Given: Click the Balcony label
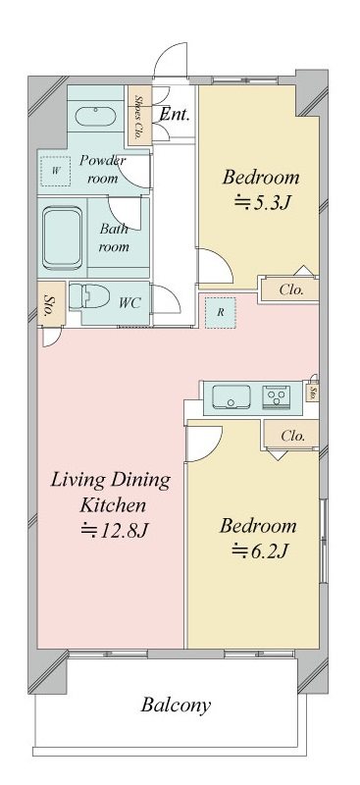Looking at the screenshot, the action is [x=176, y=705].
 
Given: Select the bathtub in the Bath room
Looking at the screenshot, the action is [x=63, y=237].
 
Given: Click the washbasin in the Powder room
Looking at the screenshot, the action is [x=95, y=116].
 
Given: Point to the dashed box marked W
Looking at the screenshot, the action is [x=56, y=171].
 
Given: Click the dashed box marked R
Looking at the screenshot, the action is [x=221, y=312].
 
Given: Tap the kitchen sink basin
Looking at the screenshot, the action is [x=231, y=397].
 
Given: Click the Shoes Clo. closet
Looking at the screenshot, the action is [x=139, y=116].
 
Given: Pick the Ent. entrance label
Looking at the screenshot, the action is [x=175, y=115].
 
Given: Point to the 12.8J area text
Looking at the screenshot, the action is [x=114, y=529].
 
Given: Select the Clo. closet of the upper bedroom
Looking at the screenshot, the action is [x=290, y=289].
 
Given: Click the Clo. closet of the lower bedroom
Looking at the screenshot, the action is [x=292, y=435].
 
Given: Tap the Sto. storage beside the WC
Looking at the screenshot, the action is [x=51, y=303].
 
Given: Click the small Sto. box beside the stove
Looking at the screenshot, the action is [x=313, y=393].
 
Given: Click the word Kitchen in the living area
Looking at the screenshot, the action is [x=113, y=504].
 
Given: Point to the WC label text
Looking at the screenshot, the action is [x=129, y=302].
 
